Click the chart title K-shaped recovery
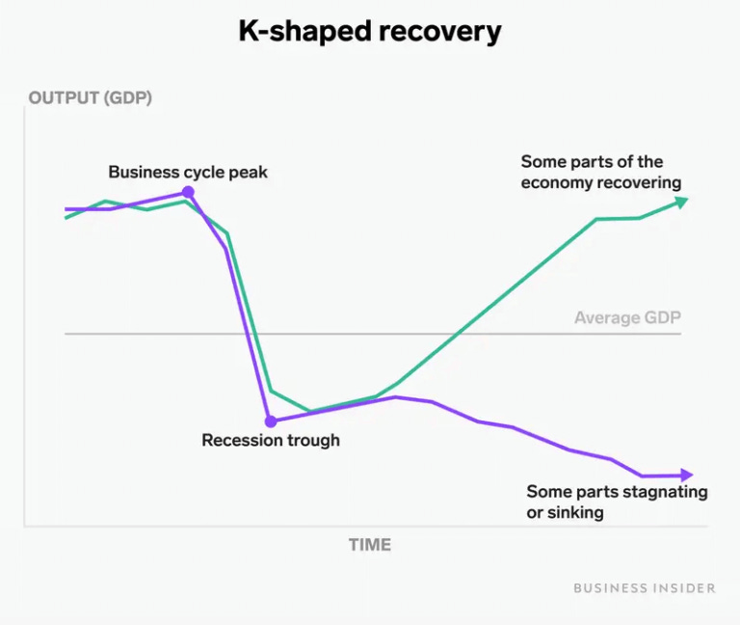[370, 31]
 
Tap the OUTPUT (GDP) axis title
[91, 97]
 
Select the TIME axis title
[370, 545]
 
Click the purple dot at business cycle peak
[188, 193]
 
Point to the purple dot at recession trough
[271, 421]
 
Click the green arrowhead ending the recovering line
[681, 201]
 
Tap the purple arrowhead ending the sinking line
[686, 475]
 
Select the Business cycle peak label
[188, 173]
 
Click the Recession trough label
[271, 441]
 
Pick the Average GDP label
[627, 318]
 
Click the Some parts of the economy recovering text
[600, 172]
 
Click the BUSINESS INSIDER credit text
[645, 587]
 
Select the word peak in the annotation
[249, 173]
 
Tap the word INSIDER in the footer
[681, 587]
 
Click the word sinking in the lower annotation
[576, 512]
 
